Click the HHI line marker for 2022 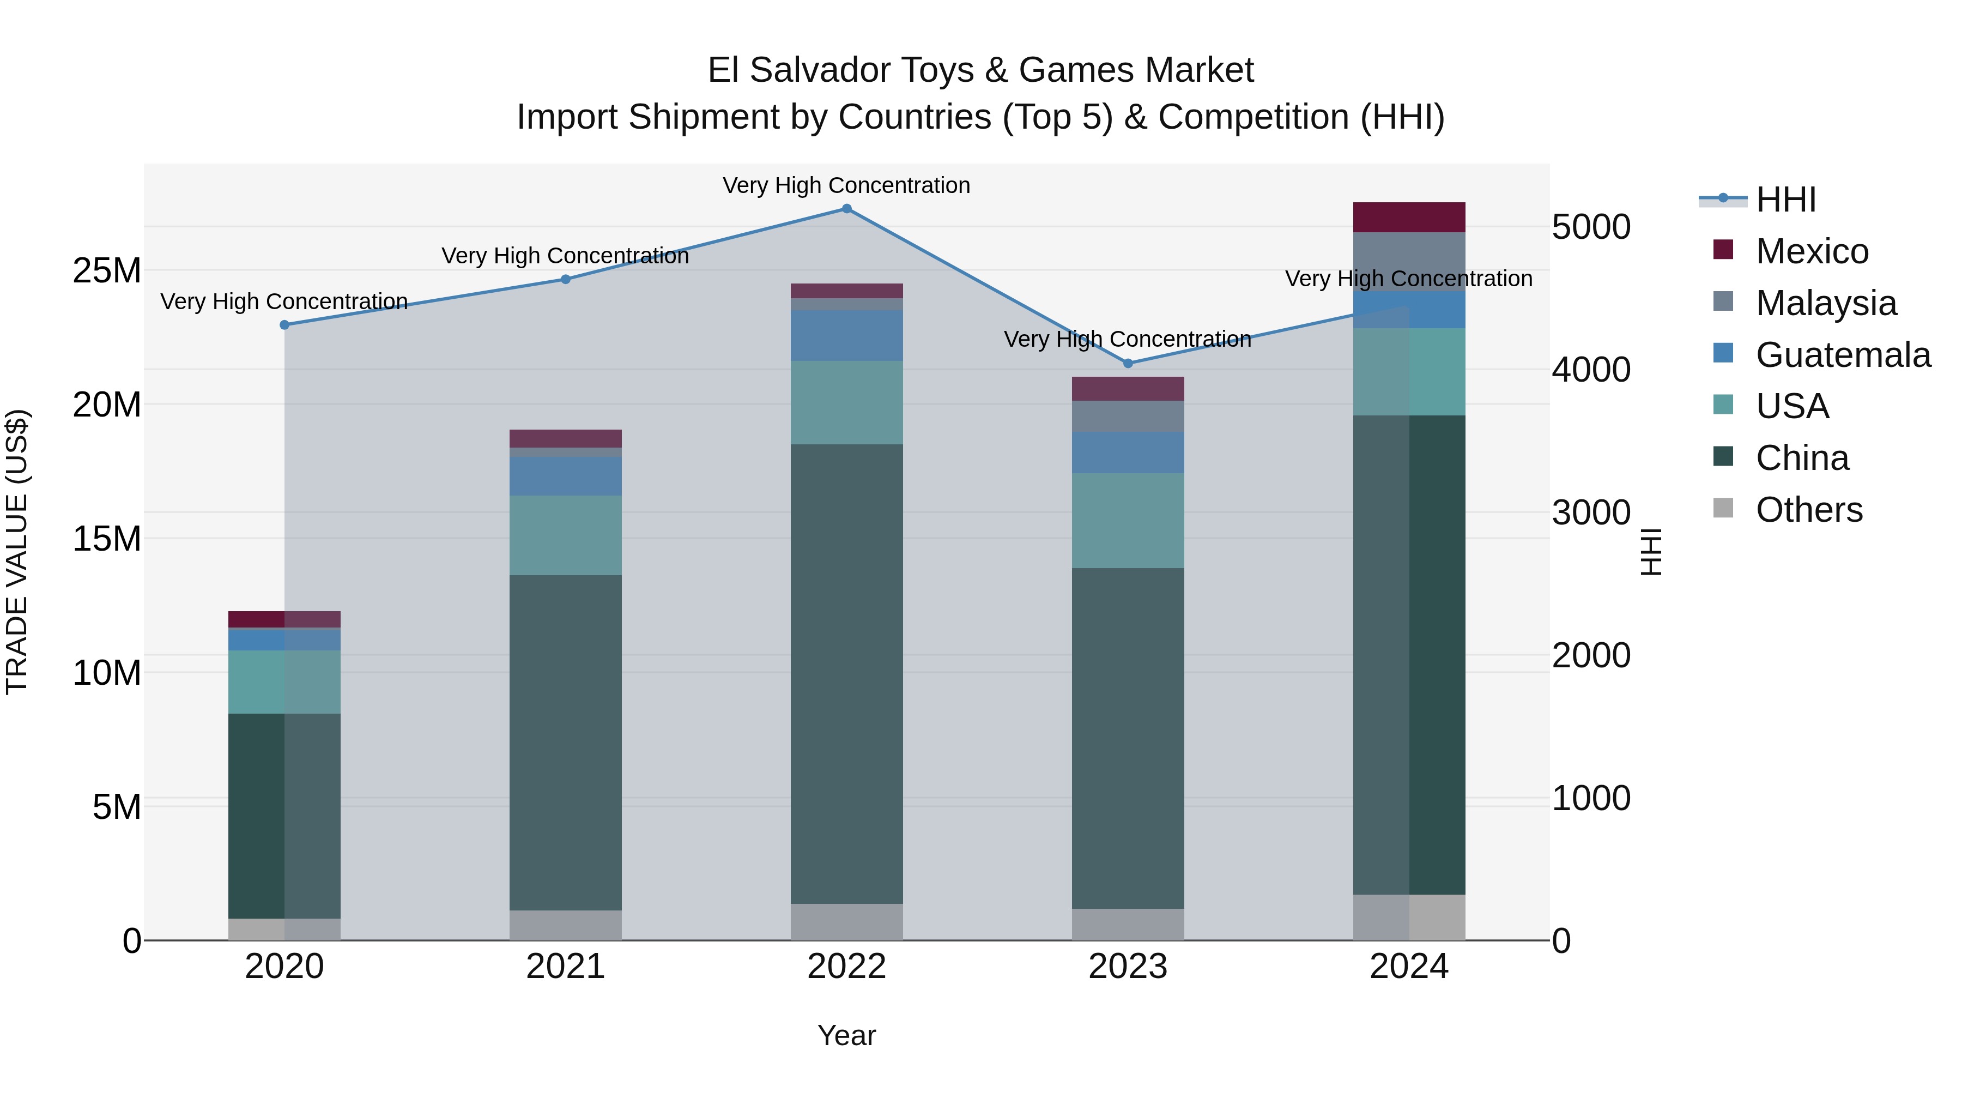coord(846,209)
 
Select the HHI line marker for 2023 coord(1128,364)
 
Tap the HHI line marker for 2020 coord(284,324)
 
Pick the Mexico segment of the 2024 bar coord(1408,217)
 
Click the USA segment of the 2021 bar coord(565,535)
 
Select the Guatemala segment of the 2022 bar coord(846,335)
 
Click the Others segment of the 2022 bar coord(846,922)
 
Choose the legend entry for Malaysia coord(1825,303)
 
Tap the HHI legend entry coord(1784,200)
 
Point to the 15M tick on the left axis coord(107,539)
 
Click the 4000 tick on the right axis coord(1590,370)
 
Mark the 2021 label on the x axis coord(565,967)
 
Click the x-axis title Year coord(846,1035)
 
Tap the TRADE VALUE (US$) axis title coord(17,552)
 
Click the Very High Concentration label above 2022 coord(846,185)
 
